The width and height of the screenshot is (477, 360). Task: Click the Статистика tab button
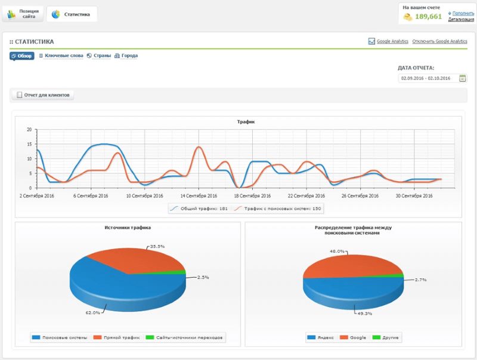coord(72,14)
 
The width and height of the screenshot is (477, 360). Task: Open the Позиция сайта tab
coord(23,14)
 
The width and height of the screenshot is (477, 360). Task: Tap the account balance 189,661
coord(428,17)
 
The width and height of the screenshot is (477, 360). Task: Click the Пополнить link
coord(463,13)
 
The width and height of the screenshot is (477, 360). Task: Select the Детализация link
coord(461,19)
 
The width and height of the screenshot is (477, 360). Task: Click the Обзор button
coord(22,56)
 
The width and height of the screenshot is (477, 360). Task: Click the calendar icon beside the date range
coord(463,79)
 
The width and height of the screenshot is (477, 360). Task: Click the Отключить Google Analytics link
coord(439,41)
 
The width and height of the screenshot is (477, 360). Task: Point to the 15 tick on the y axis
coord(29,144)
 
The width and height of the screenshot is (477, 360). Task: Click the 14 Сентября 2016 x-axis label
coord(199,196)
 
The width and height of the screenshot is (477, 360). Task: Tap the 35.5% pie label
coord(157,246)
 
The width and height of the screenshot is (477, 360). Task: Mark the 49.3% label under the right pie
coord(364,314)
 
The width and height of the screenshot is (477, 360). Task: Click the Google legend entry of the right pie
coord(353,337)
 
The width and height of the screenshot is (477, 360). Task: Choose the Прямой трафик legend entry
coord(117,337)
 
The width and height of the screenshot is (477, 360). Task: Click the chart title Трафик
coord(246,122)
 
